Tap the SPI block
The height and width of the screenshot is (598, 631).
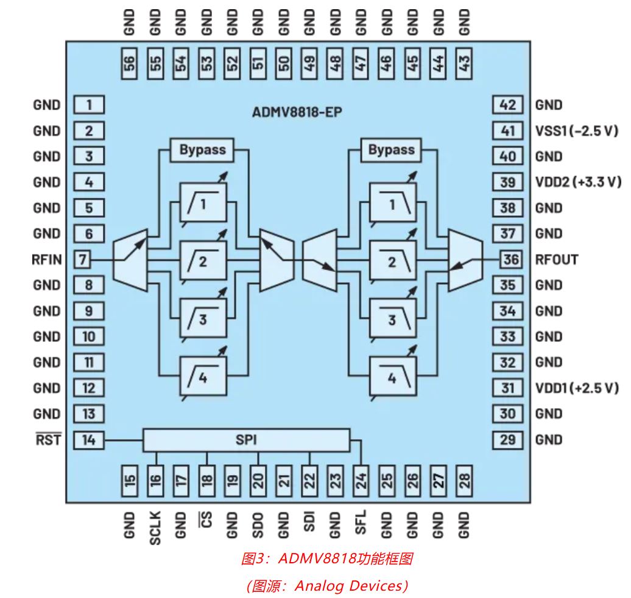point(247,439)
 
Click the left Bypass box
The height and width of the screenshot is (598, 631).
point(202,149)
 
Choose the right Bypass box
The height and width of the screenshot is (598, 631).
point(392,149)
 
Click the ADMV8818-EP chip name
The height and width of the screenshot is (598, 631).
point(297,113)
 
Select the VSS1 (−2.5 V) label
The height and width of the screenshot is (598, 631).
point(576,131)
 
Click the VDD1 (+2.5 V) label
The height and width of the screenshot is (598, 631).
point(577,388)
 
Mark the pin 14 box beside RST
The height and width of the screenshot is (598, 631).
point(89,439)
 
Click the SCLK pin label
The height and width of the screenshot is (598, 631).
point(156,526)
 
